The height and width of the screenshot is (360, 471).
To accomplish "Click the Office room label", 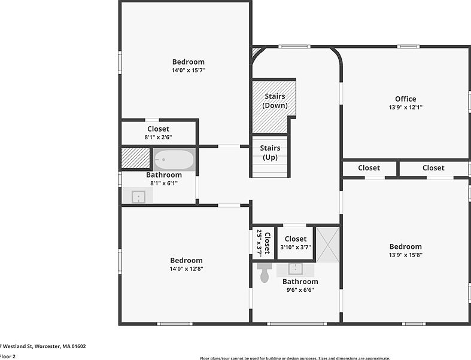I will [x=405, y=99].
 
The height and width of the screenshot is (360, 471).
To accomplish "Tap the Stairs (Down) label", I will [x=275, y=100].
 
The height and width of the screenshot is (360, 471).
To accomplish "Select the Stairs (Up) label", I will [x=271, y=152].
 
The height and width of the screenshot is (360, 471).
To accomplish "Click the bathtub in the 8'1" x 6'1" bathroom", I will [x=174, y=160].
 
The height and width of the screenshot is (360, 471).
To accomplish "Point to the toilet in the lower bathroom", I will [x=265, y=273].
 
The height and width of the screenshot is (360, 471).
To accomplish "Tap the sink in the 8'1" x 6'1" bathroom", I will [x=138, y=196].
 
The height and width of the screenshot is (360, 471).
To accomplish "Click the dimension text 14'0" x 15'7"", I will [x=188, y=71].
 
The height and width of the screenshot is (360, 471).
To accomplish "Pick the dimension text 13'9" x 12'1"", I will [x=405, y=108].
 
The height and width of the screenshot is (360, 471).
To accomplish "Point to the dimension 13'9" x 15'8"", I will [x=405, y=255].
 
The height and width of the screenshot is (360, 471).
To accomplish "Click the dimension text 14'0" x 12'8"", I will [x=186, y=269].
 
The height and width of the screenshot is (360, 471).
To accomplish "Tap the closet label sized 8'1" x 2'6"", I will [x=158, y=129].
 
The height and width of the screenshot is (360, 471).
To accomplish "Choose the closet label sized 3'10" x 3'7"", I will [x=296, y=239].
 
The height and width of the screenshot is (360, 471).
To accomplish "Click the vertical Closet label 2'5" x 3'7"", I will [x=263, y=242].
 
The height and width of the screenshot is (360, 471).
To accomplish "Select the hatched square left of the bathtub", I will [x=135, y=158].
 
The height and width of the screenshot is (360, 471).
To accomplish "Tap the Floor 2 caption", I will [x=8, y=356].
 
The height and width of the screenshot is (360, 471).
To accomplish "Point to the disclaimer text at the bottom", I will [x=294, y=358].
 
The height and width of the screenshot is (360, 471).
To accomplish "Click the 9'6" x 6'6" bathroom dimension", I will [x=299, y=290].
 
